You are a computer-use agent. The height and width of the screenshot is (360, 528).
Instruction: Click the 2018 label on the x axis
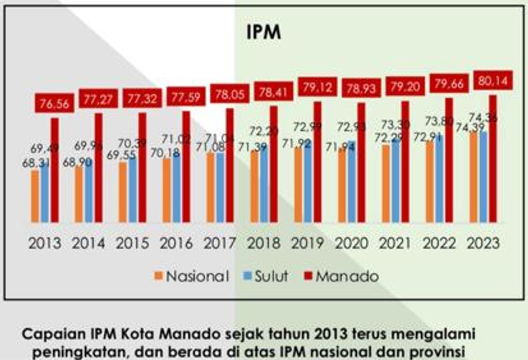(x=269, y=243)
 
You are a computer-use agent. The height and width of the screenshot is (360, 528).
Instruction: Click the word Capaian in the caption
(x=51, y=335)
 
